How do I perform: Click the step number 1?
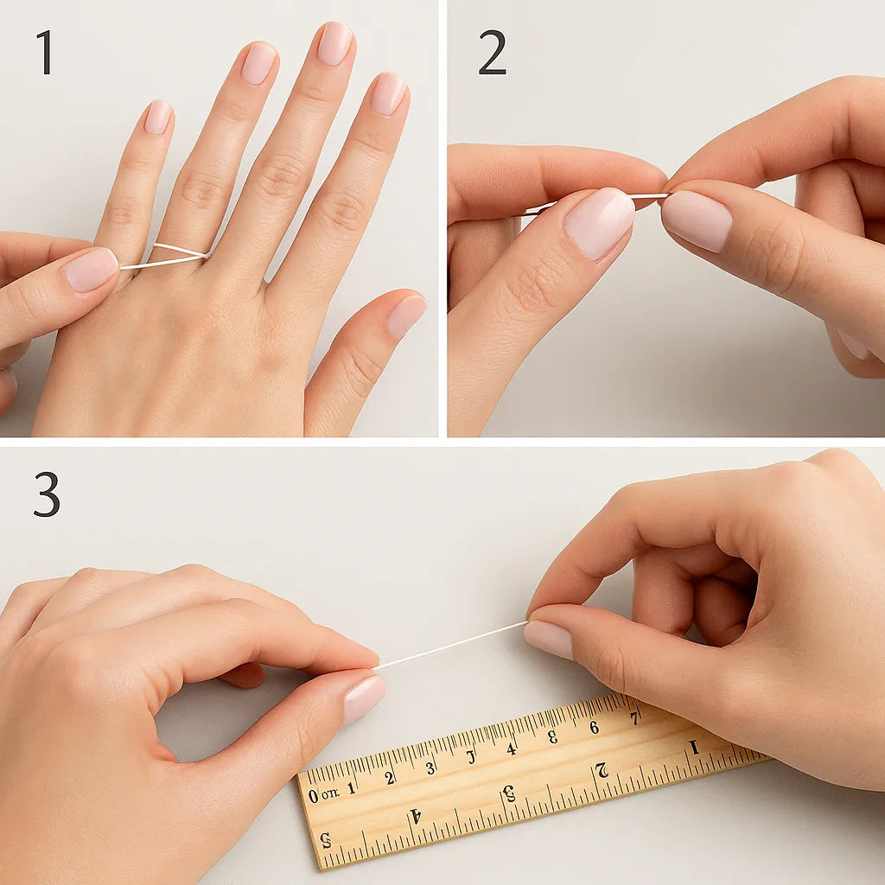point(45,53)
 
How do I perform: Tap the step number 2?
point(492,53)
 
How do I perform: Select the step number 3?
point(47,494)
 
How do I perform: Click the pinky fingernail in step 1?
point(157,118)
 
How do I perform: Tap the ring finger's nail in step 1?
point(258,64)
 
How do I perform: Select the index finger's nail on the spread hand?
point(388,93)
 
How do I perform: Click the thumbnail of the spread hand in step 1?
point(405,316)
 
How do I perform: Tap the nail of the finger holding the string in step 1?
point(90,270)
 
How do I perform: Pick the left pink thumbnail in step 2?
point(599,222)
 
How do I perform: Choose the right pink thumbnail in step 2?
point(697,220)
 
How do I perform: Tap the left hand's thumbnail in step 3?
point(364,697)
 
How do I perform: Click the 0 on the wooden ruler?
point(313,795)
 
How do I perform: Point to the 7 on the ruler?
point(634,717)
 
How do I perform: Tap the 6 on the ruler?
point(594,727)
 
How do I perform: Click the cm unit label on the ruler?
point(330,793)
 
